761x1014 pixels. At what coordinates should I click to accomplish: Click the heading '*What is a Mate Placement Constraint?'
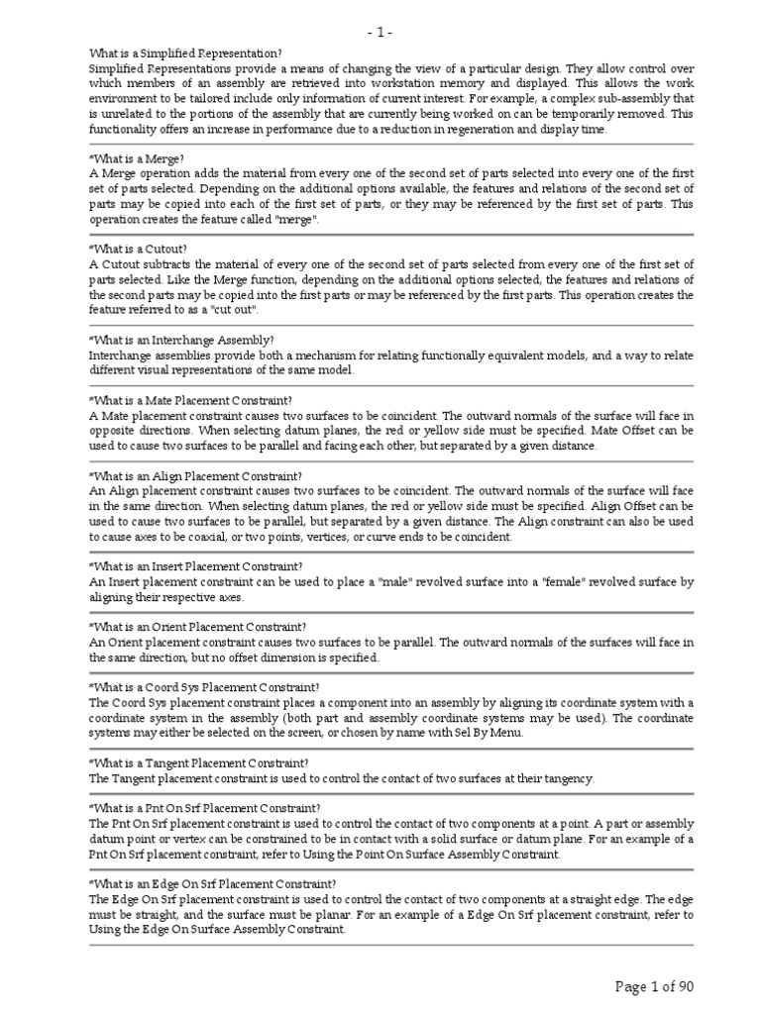point(190,400)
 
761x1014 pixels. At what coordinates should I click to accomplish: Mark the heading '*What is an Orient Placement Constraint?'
point(197,627)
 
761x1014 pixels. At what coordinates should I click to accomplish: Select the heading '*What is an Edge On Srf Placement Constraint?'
point(212,884)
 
